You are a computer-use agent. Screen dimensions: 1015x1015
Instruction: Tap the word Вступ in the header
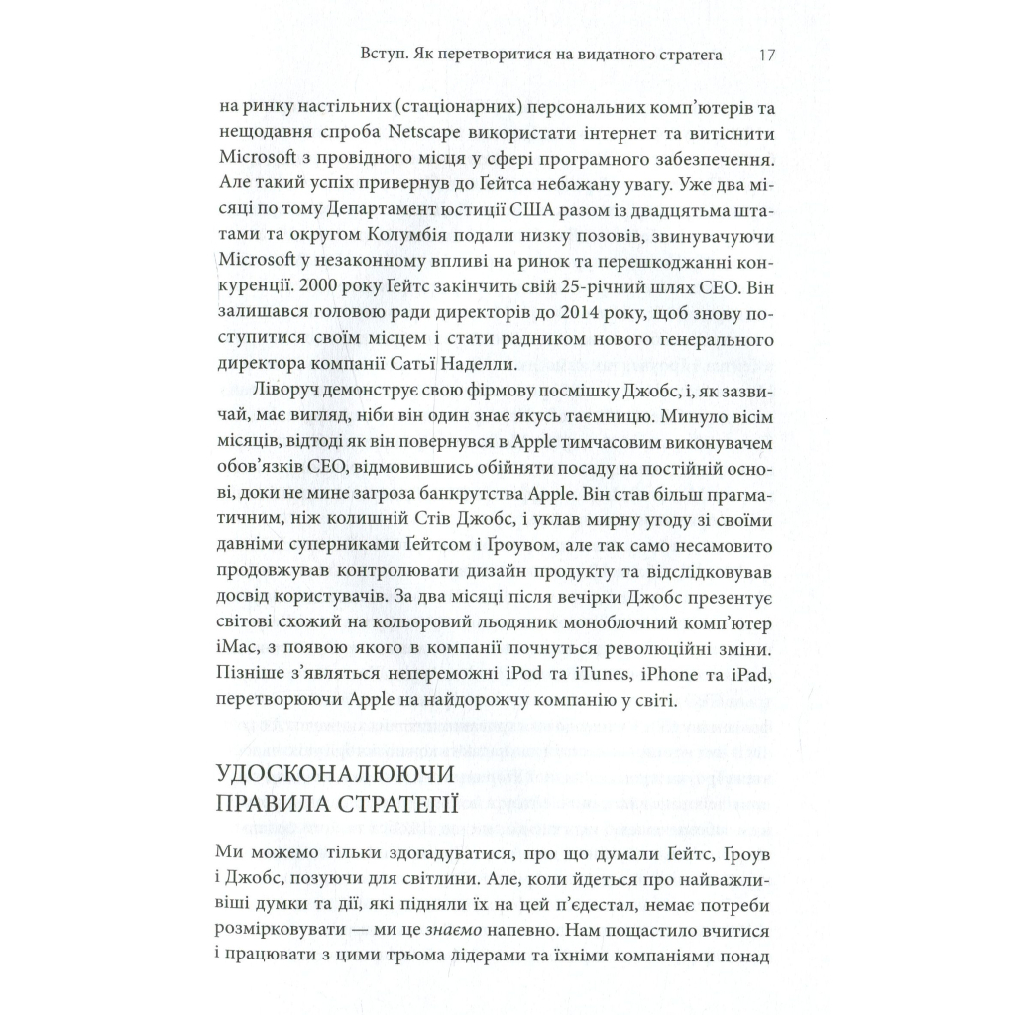pos(387,55)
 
